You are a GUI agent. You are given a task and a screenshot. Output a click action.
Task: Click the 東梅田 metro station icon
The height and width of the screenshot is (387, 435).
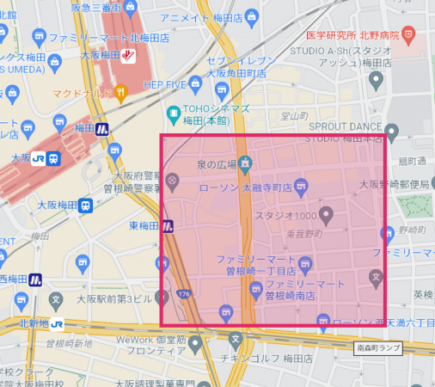point(168,226)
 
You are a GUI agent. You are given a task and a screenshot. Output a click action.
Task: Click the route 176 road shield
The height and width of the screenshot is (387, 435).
point(187,295)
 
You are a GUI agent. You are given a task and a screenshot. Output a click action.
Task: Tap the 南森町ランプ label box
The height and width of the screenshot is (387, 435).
point(377,348)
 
